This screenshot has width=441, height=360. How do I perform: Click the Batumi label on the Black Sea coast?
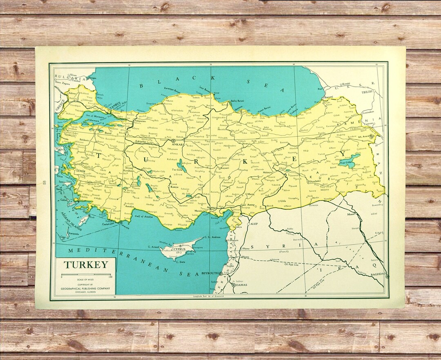[x=328, y=97]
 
